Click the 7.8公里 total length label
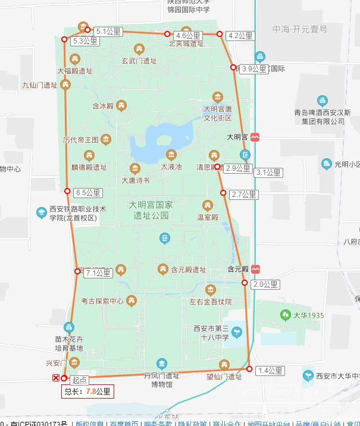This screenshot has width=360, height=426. (87, 391)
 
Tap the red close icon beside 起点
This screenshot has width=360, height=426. (56, 378)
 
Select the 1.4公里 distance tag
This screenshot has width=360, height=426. (270, 371)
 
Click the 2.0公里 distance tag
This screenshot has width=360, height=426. (264, 284)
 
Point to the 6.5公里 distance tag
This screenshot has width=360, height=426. (89, 193)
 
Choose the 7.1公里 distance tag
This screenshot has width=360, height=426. (98, 273)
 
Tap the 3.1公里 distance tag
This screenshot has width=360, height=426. (268, 173)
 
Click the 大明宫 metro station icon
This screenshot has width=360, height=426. (255, 137)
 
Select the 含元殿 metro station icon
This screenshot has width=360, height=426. (255, 269)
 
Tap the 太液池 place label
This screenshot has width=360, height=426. (171, 167)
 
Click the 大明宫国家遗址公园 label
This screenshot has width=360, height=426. (151, 209)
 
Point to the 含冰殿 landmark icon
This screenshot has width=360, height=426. (121, 106)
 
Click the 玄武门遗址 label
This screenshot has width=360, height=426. (139, 61)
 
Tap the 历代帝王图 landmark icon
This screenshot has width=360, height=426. (106, 140)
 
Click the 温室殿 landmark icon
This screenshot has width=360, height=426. (207, 206)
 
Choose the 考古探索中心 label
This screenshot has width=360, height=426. (102, 301)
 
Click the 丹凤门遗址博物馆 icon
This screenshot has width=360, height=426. (162, 364)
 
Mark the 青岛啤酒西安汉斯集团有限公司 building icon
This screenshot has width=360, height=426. (323, 101)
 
